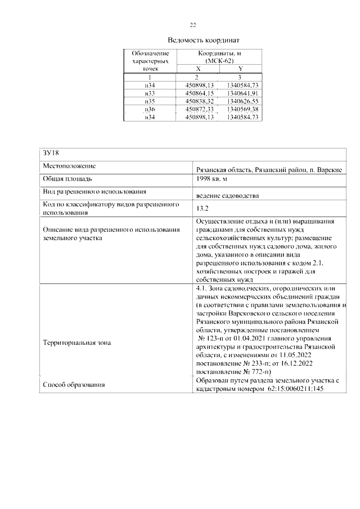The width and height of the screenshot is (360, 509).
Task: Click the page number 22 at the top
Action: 192,25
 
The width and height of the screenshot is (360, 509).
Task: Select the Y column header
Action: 240,68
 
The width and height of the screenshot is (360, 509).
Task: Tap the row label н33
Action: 150,93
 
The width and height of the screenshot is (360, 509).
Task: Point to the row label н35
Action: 150,101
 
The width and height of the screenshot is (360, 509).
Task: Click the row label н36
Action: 150,109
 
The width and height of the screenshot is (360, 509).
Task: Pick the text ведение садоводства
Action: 227,196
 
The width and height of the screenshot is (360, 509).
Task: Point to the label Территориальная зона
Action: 77,342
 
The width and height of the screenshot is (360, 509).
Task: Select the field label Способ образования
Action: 74,385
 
